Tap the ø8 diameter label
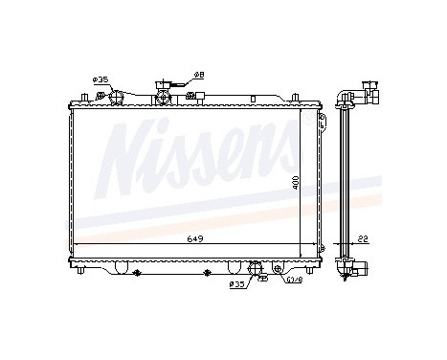(199, 75)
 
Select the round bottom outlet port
(255, 267)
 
